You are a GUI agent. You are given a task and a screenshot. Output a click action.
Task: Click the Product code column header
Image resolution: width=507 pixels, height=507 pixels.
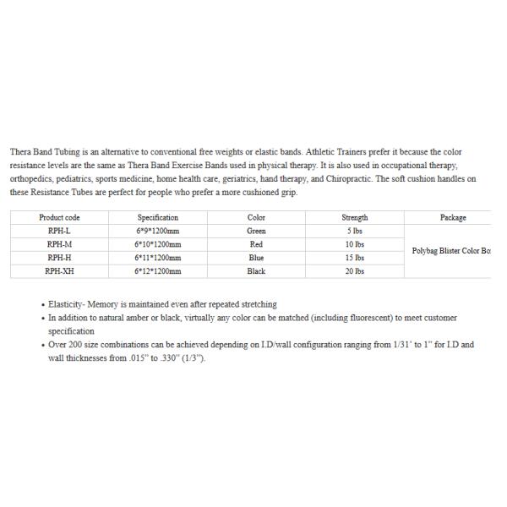coord(59,217)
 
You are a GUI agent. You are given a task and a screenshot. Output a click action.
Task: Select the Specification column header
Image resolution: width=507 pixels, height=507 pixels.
coord(157,217)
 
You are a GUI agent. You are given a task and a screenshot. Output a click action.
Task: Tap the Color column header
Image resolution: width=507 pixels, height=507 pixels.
coord(256,217)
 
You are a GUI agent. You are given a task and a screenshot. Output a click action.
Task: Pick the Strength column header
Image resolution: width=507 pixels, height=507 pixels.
coord(355,217)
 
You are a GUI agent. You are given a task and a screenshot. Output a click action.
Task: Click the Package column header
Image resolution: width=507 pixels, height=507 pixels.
coord(453,217)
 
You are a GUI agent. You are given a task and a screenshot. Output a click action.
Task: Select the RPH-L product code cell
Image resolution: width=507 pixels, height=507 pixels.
coord(59,231)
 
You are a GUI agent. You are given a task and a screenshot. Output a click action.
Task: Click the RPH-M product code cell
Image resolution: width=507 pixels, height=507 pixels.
coord(59,244)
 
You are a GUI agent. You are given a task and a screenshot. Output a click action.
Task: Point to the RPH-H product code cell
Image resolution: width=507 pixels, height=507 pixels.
coord(59,258)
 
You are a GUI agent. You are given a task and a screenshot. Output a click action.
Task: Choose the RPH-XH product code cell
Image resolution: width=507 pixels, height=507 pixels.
coord(59,271)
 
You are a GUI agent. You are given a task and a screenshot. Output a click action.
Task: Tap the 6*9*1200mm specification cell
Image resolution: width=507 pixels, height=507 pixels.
coord(157,231)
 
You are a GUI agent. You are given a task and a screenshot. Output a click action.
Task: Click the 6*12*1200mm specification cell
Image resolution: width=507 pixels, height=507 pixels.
coord(157,271)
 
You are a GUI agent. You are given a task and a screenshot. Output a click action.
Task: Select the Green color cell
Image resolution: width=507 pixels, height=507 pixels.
coord(256,231)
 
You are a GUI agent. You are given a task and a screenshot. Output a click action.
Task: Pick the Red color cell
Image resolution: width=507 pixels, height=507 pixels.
coord(256,244)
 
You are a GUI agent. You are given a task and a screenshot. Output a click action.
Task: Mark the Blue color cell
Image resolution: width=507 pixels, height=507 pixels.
coord(256,258)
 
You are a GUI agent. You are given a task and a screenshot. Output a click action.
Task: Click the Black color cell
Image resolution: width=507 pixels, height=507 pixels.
coord(256,271)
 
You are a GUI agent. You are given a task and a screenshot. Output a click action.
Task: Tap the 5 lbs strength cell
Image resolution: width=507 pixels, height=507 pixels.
coord(355,231)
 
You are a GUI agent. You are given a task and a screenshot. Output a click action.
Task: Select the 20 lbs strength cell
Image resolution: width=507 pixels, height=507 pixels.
coord(355,271)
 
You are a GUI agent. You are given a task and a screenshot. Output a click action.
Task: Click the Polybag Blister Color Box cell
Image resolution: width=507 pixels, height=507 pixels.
coord(450,251)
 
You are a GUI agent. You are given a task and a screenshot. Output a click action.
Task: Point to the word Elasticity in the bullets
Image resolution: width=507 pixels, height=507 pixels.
coord(67,304)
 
